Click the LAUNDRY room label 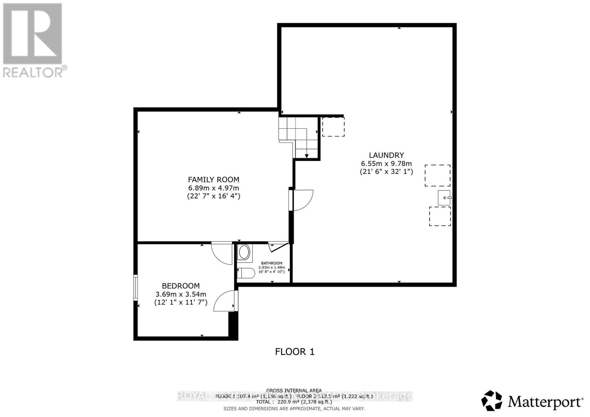[x=386, y=155]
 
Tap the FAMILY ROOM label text [x=214, y=179]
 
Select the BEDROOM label [x=181, y=285]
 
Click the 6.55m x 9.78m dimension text [x=386, y=164]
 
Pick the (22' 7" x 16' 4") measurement [x=214, y=196]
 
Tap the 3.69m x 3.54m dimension [x=181, y=294]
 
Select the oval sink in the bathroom [x=244, y=253]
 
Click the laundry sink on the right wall [x=444, y=198]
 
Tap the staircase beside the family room [x=298, y=136]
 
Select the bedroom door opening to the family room [x=222, y=252]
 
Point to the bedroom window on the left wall [x=135, y=287]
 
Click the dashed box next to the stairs [x=333, y=126]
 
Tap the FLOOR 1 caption [x=295, y=351]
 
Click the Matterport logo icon [x=492, y=400]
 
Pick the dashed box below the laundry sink [x=440, y=216]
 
